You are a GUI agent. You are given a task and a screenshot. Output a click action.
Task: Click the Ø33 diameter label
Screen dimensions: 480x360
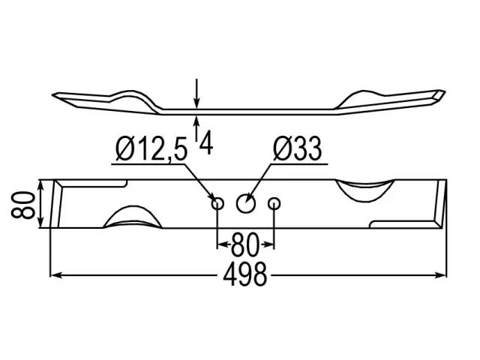coord(297,149)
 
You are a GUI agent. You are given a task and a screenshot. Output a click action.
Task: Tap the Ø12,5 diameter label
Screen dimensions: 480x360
coord(151,150)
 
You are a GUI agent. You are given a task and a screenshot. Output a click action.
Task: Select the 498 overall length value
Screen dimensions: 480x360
coord(245,274)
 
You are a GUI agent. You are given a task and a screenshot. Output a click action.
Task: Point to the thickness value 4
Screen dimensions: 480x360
coord(206,142)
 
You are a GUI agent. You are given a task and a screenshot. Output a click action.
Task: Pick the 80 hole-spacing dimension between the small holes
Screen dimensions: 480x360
coord(245,244)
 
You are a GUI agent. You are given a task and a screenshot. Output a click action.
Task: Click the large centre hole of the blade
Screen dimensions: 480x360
coord(246,203)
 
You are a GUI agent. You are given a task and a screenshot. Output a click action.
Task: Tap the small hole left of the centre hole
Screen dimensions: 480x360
coord(217,203)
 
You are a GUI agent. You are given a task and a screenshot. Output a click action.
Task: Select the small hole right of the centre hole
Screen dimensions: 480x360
coord(274,203)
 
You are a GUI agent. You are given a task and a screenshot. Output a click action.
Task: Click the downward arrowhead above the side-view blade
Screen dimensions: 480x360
coord(196,103)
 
